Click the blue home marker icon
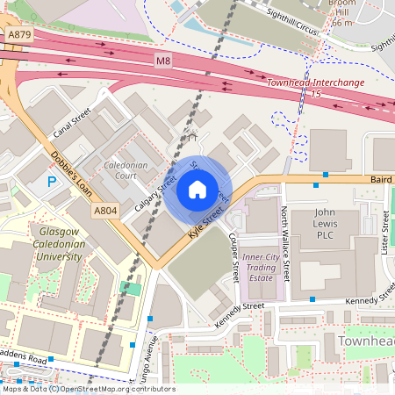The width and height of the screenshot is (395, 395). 197,190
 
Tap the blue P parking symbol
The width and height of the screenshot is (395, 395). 52,182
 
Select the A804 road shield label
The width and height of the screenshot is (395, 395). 105,210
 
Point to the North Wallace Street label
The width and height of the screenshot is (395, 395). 284,245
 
